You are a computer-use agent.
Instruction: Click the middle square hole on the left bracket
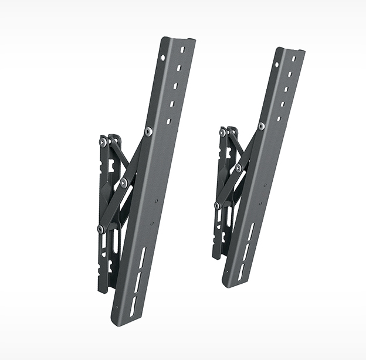177,86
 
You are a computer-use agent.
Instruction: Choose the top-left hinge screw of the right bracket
223,133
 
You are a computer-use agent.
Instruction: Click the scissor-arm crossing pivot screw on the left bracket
124,184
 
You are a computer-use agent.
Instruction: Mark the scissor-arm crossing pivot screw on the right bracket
239,168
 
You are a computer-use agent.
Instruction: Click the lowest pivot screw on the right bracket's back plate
218,205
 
